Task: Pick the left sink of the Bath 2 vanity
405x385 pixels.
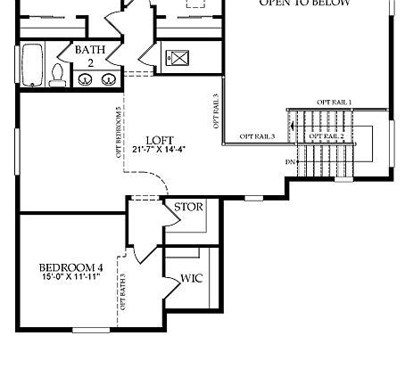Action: [x=87, y=79]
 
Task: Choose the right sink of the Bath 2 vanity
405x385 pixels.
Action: [x=108, y=79]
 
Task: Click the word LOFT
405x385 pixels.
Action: [x=160, y=140]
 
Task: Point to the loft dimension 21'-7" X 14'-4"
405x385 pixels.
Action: [x=160, y=150]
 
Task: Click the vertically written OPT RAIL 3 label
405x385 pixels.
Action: [x=216, y=111]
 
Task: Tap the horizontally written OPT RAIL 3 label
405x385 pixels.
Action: [x=257, y=136]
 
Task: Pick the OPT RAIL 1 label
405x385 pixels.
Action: [x=334, y=102]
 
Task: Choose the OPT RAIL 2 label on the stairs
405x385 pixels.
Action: [x=326, y=135]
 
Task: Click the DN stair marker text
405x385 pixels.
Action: [x=290, y=162]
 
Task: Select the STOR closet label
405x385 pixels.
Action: [x=188, y=207]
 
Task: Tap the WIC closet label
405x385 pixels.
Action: [x=192, y=278]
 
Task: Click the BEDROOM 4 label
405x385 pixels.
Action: [x=70, y=267]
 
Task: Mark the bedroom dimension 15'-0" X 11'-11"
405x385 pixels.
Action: [x=70, y=278]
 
